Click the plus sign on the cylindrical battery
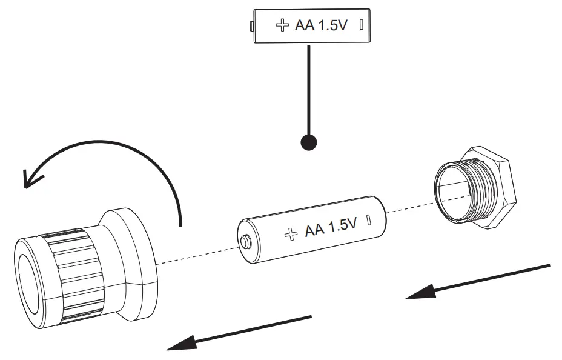coord(291,233)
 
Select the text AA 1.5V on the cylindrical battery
coord(331,228)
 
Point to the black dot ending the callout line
coord(308,142)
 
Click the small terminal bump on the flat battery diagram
coord(251,25)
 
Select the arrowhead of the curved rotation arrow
coord(31,177)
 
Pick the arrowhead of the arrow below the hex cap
coord(418,295)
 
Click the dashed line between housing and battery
coord(197,254)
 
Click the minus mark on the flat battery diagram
coord(361,25)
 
